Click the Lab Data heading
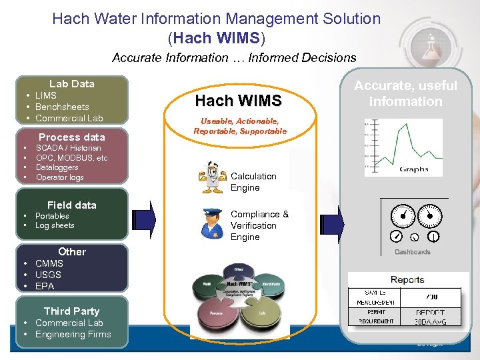[x=71, y=84]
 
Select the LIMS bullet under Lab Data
[x=45, y=95]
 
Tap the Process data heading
[x=71, y=137]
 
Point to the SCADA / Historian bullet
[x=68, y=148]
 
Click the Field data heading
[x=71, y=205]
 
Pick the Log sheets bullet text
[x=55, y=226]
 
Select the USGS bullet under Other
[x=48, y=275]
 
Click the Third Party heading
[x=71, y=311]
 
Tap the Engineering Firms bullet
[x=73, y=334]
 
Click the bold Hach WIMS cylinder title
[x=238, y=101]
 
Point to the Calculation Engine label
[x=253, y=182]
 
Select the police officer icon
[x=213, y=223]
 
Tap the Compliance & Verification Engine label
[x=259, y=225]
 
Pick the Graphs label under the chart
[x=413, y=169]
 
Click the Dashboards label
[x=413, y=252]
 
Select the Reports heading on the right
[x=407, y=280]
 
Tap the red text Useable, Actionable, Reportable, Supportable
[x=240, y=126]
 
